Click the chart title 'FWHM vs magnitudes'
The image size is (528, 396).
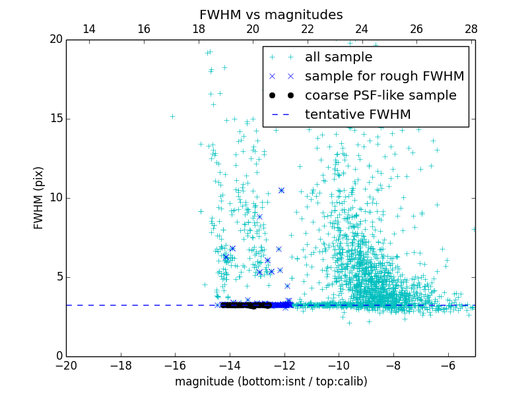[x=271, y=15]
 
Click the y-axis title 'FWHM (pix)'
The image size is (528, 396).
[x=39, y=197]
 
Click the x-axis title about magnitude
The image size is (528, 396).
[x=271, y=381]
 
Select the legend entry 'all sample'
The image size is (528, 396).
[x=339, y=57]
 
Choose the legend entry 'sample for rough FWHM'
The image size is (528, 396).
[x=384, y=77]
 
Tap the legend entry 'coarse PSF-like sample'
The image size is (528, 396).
[x=380, y=96]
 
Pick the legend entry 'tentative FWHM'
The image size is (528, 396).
[x=358, y=115]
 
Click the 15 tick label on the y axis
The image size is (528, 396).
[x=55, y=119]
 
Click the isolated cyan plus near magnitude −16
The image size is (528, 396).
[x=172, y=117]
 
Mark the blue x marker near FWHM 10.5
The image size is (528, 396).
[x=281, y=190]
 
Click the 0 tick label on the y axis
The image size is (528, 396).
[x=58, y=356]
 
